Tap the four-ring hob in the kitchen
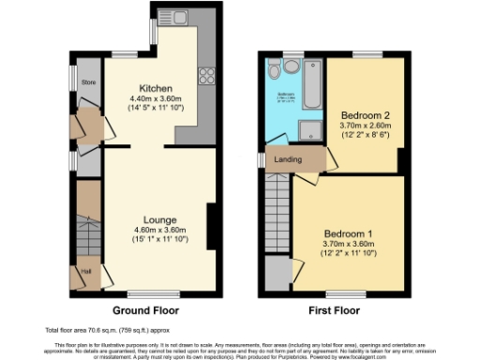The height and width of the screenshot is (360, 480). pos(203,76)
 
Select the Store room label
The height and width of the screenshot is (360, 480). pos(89,82)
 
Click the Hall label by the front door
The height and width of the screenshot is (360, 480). pos(86,272)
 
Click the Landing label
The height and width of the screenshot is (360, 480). pos(287,159)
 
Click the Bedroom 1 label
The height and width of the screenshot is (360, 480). pos(348,233)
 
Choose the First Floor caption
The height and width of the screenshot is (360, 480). pos(333,309)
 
